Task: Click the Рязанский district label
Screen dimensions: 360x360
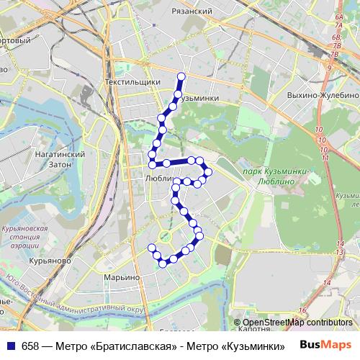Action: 192,12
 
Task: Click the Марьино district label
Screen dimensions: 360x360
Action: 121,277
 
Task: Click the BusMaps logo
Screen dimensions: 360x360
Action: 325,344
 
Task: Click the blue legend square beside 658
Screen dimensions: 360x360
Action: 11,345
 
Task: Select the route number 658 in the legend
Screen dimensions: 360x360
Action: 31,345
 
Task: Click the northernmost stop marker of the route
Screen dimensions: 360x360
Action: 181,76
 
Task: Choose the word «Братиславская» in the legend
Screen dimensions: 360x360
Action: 136,345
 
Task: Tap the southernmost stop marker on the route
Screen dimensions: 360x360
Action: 163,264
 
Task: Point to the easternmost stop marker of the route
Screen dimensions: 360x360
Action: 209,171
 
